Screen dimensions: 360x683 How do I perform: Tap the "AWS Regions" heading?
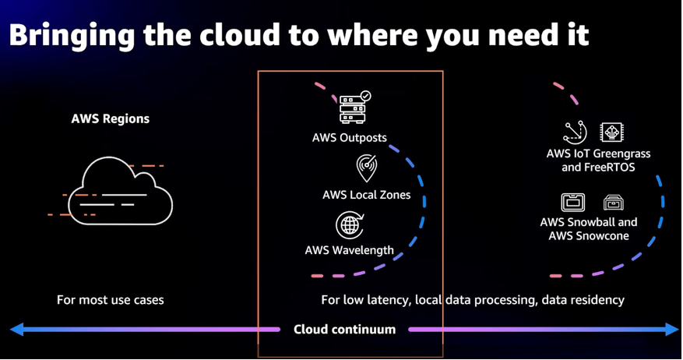pos(110,119)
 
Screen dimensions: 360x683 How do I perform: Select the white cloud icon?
pos(120,190)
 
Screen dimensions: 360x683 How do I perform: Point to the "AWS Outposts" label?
pos(349,138)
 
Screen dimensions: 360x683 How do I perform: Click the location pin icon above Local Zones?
pos(366,168)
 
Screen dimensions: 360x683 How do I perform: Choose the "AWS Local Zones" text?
pos(366,195)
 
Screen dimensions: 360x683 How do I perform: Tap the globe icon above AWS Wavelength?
pos(350,225)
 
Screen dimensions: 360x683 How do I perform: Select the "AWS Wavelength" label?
pos(349,251)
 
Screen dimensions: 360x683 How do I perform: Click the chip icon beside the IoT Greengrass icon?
pos(612,132)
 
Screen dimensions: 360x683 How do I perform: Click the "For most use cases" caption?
pos(111,300)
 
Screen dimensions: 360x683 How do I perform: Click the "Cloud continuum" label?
pos(344,330)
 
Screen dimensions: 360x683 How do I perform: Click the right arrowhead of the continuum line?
pos(672,330)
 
